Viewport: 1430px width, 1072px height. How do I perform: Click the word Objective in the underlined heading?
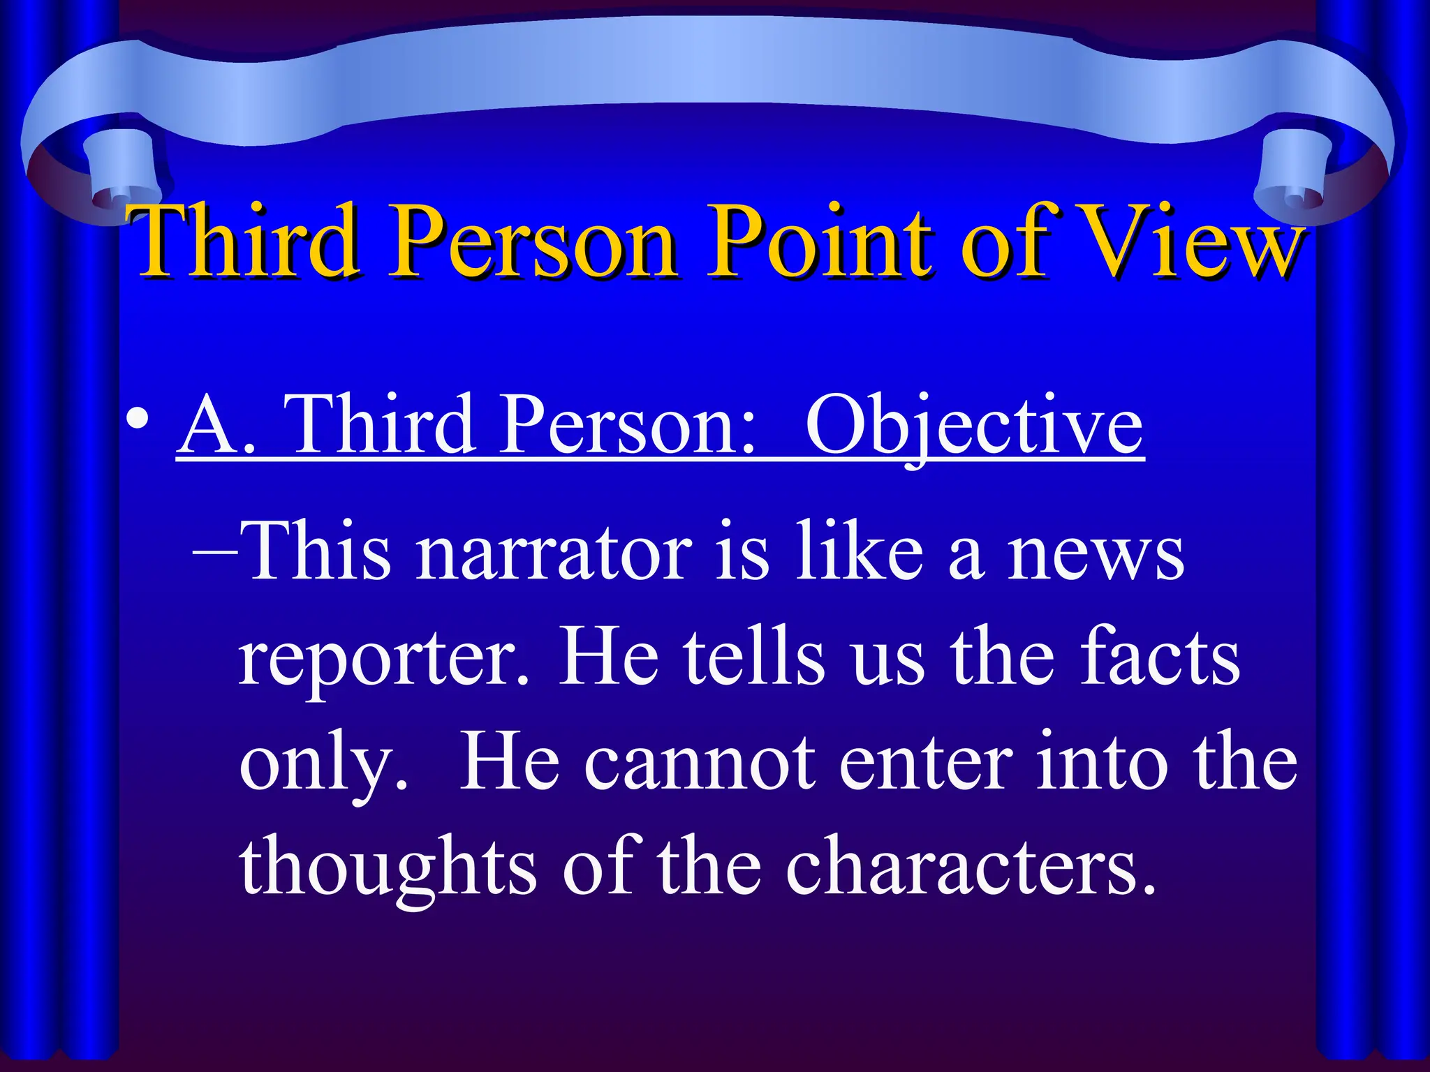974,424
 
